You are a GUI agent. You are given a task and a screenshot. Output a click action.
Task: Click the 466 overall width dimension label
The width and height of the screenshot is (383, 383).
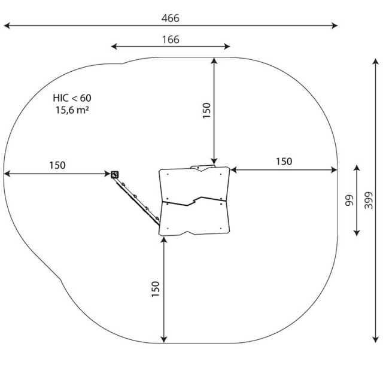click(170, 19)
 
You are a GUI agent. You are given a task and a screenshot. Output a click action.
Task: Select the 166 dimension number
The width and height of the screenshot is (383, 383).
click(171, 39)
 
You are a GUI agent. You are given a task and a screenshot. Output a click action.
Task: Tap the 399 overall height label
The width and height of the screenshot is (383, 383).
click(369, 200)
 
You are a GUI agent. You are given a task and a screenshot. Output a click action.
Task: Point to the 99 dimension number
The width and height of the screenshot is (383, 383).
click(349, 200)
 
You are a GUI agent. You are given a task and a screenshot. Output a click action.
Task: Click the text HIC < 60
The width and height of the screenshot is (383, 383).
click(72, 98)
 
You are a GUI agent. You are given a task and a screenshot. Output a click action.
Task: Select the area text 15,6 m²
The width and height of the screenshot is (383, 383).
click(72, 110)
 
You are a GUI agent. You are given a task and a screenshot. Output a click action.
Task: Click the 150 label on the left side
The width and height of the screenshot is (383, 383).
click(57, 165)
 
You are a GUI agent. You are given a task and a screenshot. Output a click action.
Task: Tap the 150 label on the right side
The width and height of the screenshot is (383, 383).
click(284, 162)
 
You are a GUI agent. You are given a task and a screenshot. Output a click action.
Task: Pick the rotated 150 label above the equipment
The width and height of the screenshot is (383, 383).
click(206, 110)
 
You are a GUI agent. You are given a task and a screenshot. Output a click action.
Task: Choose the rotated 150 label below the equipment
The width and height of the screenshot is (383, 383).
click(156, 289)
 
